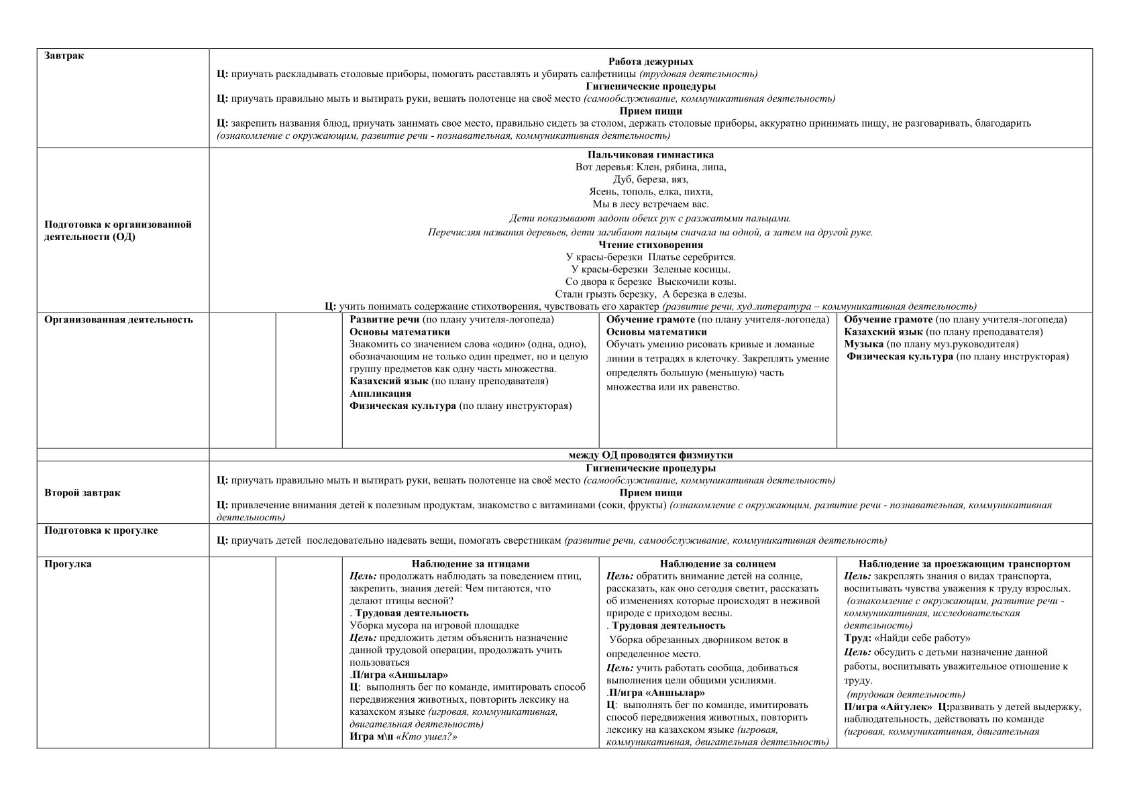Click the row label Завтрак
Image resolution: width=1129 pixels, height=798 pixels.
point(64,56)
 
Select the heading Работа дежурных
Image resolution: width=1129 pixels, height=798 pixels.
point(650,62)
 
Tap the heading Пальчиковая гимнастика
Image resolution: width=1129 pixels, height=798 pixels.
point(650,155)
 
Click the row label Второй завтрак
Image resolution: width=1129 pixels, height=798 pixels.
point(83,493)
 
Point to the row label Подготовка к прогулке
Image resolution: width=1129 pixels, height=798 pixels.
point(101,530)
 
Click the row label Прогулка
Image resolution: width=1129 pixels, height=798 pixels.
point(68,564)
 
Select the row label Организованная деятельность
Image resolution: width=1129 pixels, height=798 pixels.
point(119,319)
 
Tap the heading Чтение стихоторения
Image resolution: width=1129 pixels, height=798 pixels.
point(650,245)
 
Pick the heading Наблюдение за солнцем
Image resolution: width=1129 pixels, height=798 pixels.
point(717,564)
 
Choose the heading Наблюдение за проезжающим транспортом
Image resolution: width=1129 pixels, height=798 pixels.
point(964,564)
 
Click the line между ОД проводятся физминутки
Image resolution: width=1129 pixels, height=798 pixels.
point(650,455)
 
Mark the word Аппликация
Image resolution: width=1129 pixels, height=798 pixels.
point(380,394)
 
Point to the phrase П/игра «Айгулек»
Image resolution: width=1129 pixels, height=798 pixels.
point(888,707)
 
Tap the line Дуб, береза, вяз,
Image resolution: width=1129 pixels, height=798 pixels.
point(650,180)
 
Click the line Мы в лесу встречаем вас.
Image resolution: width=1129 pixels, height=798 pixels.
point(650,205)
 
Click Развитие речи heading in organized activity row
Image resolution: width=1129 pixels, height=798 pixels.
point(384,319)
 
